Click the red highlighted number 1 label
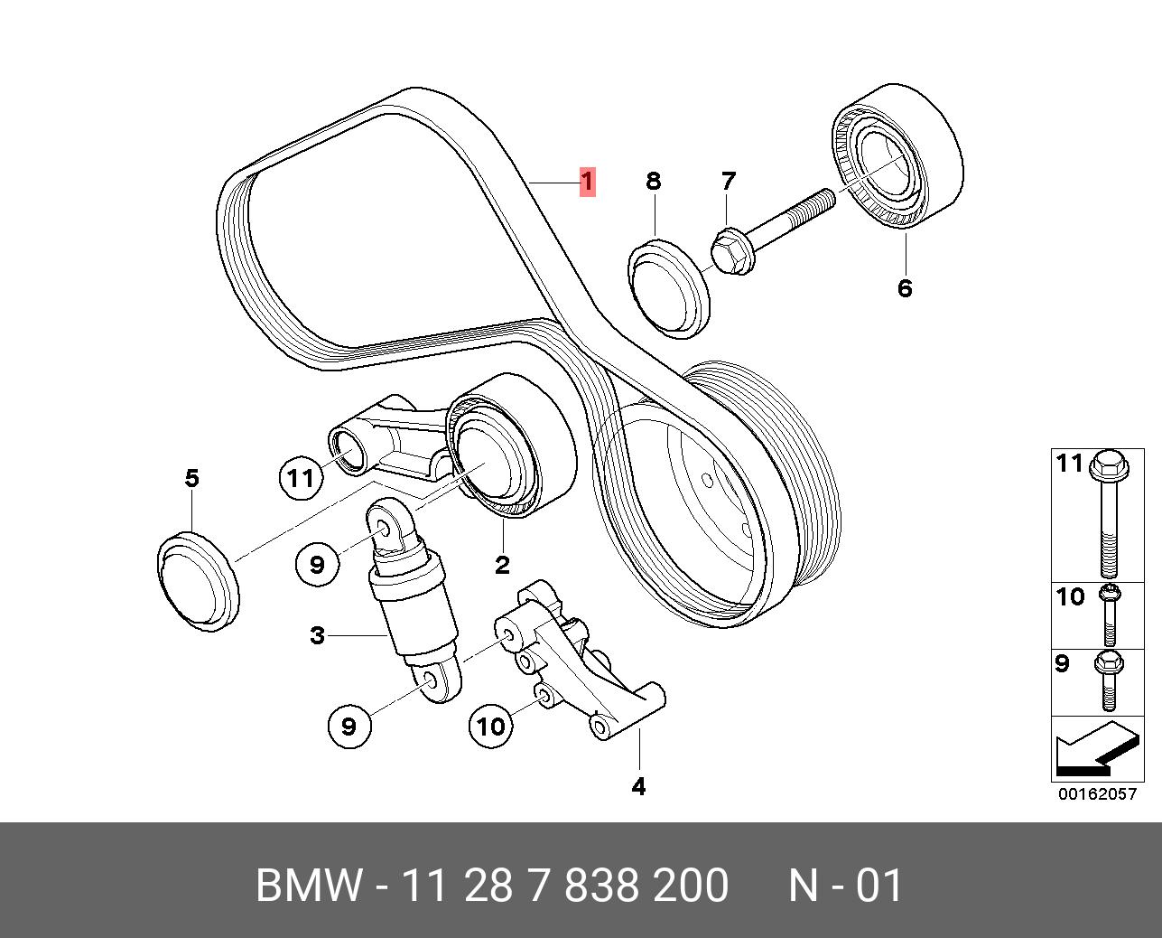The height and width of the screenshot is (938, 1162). click(x=587, y=182)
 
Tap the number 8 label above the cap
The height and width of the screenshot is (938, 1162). click(x=653, y=181)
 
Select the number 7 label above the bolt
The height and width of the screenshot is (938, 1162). click(x=729, y=181)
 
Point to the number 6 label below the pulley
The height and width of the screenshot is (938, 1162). click(x=905, y=288)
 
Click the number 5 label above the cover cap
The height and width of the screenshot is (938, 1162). click(x=191, y=477)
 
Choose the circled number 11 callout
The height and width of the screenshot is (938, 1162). click(x=301, y=476)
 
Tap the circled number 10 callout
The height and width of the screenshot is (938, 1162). click(x=491, y=725)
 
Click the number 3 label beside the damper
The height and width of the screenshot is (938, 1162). click(x=317, y=635)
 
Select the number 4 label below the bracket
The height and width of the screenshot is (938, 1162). click(x=638, y=786)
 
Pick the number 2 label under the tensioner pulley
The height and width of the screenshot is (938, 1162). click(x=502, y=566)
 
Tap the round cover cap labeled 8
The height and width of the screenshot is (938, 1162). click(x=669, y=289)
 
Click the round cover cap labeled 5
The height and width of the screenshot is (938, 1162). click(x=200, y=581)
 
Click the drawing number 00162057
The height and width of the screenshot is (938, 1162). click(x=1096, y=794)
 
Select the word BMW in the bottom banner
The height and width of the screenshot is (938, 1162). click(x=310, y=886)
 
